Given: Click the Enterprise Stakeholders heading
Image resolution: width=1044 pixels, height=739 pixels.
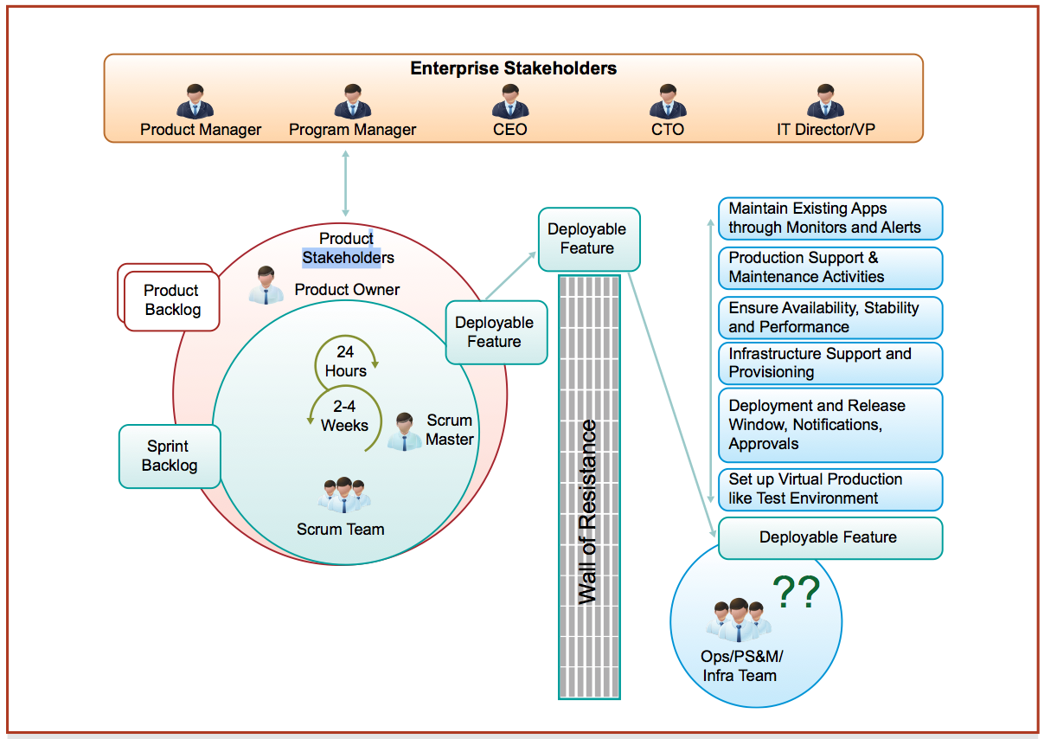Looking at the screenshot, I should click(513, 68).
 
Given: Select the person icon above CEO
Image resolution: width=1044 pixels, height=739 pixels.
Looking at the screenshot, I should click(510, 101).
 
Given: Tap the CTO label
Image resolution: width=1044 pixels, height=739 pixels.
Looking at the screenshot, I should click(668, 130).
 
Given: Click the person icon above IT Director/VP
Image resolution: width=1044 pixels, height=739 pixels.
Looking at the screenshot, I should click(825, 101).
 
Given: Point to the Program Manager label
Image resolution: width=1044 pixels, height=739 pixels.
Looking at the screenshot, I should click(352, 130).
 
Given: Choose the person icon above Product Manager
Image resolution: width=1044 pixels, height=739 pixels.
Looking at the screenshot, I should click(195, 101).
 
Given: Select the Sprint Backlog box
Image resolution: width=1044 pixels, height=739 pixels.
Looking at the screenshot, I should click(170, 456).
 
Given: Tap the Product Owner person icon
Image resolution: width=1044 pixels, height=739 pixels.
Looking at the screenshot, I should click(266, 286).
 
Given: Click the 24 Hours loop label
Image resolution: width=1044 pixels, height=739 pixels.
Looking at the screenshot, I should click(346, 362).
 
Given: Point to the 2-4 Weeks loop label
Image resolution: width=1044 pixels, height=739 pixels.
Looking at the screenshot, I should click(344, 416).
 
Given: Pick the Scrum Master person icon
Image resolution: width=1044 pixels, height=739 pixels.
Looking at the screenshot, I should click(404, 431).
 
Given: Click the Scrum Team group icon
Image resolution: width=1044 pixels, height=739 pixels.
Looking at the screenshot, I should click(344, 494).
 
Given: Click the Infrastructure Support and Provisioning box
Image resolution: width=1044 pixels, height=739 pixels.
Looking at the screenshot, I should click(829, 363).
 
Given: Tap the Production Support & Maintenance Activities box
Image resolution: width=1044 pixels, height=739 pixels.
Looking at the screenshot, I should click(829, 267).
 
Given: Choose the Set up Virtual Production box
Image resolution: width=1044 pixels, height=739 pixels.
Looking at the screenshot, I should click(829, 489).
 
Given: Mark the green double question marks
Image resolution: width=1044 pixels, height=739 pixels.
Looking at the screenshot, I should click(795, 593).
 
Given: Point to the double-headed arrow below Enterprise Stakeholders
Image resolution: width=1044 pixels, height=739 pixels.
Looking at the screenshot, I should click(346, 183).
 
